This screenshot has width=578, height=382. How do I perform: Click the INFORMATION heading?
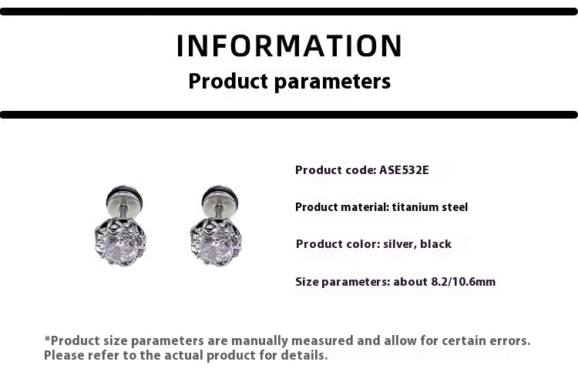point(289,45)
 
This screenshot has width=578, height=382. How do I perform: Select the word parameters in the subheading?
point(332,82)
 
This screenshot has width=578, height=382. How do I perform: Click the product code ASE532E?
point(404,170)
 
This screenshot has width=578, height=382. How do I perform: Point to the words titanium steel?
point(430,207)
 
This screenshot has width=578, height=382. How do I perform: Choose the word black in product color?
point(435,244)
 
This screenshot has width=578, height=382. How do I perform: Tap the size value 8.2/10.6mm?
point(463,282)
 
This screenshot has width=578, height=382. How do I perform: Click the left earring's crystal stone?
point(119,248)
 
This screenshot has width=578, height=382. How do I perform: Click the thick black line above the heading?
point(289,12)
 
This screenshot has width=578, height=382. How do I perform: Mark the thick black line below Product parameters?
point(289,115)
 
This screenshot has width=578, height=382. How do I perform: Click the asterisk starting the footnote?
point(47,338)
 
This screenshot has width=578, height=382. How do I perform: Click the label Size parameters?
point(343,282)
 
